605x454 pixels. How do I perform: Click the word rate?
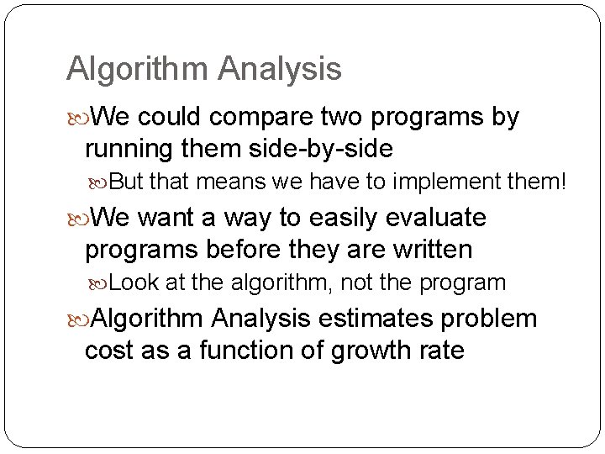click(x=439, y=351)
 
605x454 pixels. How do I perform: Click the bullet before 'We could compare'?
click(x=77, y=116)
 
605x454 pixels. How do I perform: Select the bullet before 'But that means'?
click(x=98, y=182)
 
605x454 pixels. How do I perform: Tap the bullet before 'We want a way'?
click(x=77, y=218)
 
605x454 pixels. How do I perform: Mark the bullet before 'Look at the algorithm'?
click(x=98, y=282)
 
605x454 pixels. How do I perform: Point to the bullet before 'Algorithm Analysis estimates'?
click(x=77, y=319)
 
